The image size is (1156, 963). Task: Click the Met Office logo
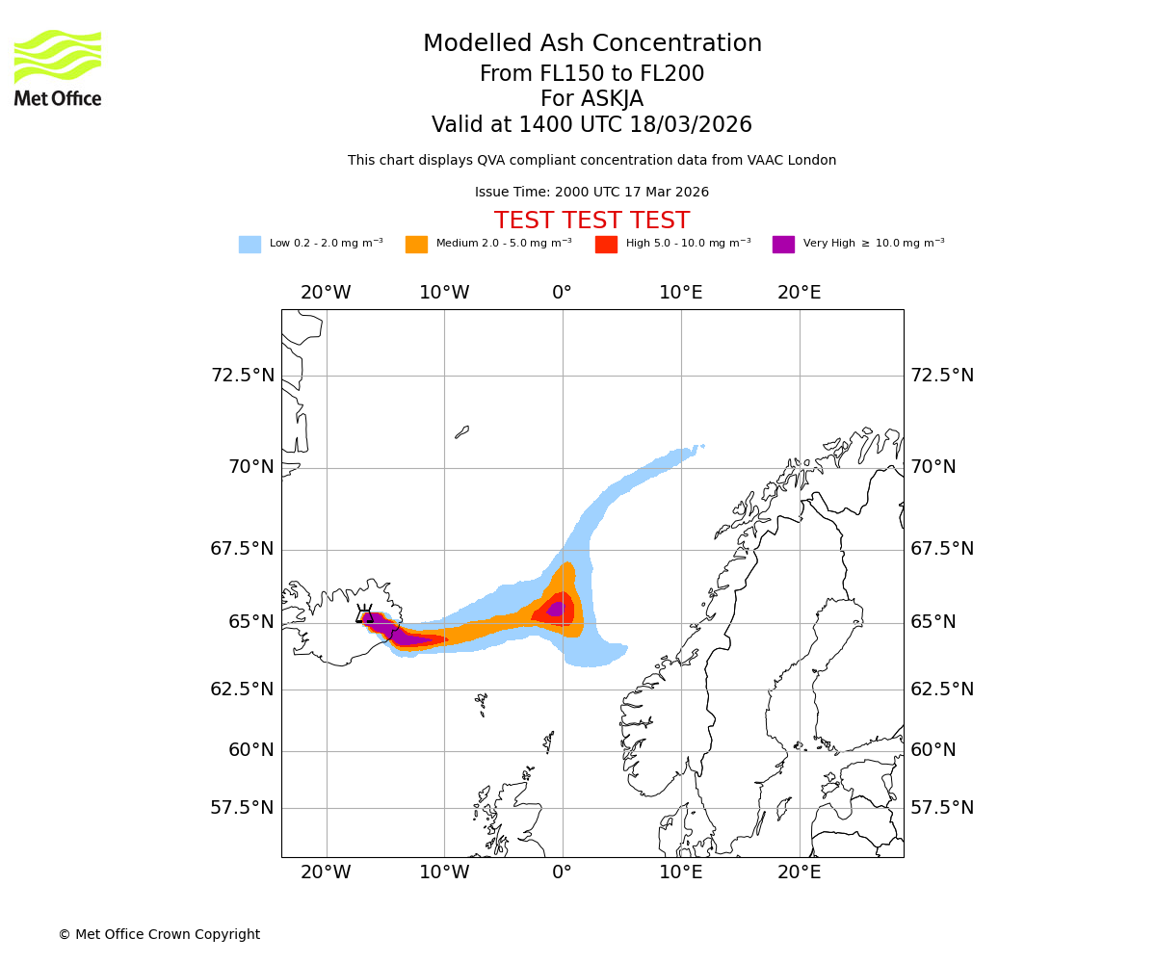pos(58,67)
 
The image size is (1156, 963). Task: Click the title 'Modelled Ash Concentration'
pos(591,44)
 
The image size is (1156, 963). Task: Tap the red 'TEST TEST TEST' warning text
pos(591,221)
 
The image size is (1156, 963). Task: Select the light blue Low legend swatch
pos(250,244)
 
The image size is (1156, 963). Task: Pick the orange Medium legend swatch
pos(416,244)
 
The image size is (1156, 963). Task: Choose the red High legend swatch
pos(606,244)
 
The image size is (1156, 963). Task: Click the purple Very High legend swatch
pos(783,244)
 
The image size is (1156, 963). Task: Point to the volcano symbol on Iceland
pos(365,614)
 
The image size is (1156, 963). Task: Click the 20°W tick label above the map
pos(326,293)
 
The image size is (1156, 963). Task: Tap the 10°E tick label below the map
pos(680,872)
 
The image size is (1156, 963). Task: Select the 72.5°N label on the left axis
pos(243,375)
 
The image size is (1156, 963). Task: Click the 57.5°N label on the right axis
pos(942,807)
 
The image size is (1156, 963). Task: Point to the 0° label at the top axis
pos(563,293)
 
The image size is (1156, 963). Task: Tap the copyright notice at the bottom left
pos(159,934)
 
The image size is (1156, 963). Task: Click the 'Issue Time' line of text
pos(591,193)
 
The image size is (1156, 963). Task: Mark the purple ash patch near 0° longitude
pos(556,609)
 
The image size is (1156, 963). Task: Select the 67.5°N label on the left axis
pos(243,549)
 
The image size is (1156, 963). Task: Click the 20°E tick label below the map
pos(799,872)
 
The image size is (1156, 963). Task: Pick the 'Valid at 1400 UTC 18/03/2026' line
pos(591,125)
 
